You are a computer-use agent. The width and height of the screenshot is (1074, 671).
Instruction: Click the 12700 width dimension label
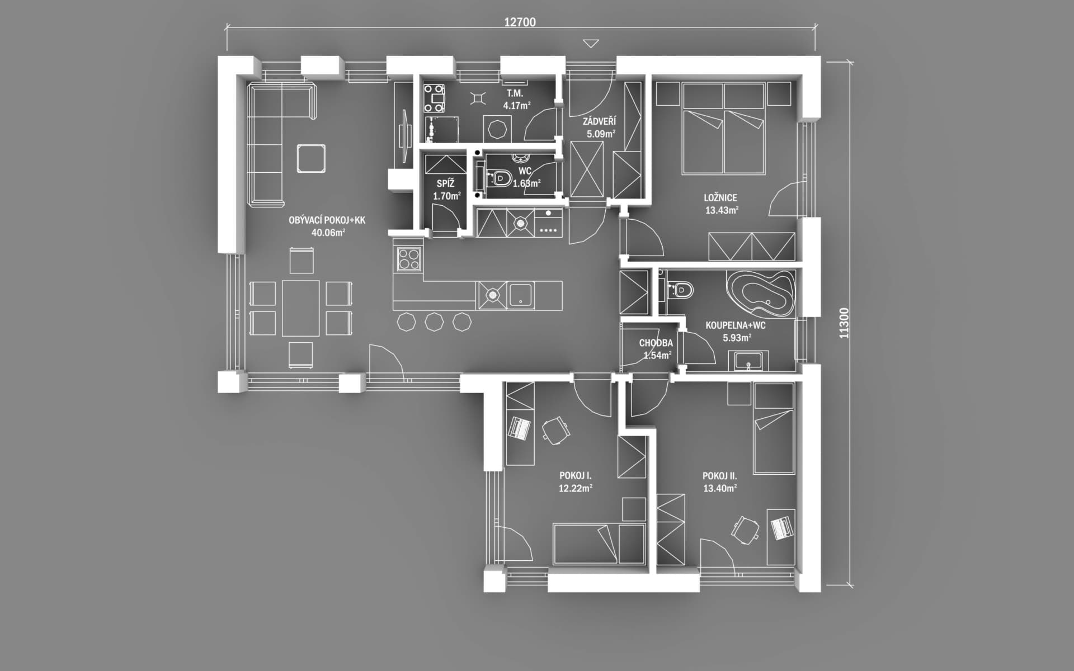tap(520, 22)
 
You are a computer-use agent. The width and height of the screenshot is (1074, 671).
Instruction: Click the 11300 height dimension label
tap(844, 323)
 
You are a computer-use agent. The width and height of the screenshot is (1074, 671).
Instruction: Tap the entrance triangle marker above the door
tap(591, 44)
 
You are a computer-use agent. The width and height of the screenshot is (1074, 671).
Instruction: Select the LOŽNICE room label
tap(720, 197)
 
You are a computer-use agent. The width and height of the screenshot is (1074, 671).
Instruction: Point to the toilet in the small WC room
tap(501, 178)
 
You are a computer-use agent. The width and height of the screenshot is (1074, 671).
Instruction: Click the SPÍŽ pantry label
tap(446, 183)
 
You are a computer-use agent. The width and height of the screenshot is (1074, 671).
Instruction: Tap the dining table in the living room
tap(301, 308)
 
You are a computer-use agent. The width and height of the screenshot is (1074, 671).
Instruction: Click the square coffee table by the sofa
tap(311, 158)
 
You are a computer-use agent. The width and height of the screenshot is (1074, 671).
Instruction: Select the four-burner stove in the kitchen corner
tap(409, 259)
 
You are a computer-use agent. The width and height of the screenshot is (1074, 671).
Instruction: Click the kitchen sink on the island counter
tap(521, 295)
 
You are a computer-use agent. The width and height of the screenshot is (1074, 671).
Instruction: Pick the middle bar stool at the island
tap(434, 322)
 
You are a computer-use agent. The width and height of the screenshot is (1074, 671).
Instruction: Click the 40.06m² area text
tap(328, 233)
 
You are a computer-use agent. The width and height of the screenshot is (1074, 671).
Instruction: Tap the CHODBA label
tap(656, 343)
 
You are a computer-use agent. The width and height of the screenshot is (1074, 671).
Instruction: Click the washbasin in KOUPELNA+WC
tap(748, 361)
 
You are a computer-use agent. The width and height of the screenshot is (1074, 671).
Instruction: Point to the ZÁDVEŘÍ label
tap(599, 121)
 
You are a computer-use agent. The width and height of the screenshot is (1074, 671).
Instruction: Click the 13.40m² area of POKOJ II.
tap(720, 488)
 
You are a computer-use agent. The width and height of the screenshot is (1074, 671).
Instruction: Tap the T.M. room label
tap(515, 93)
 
